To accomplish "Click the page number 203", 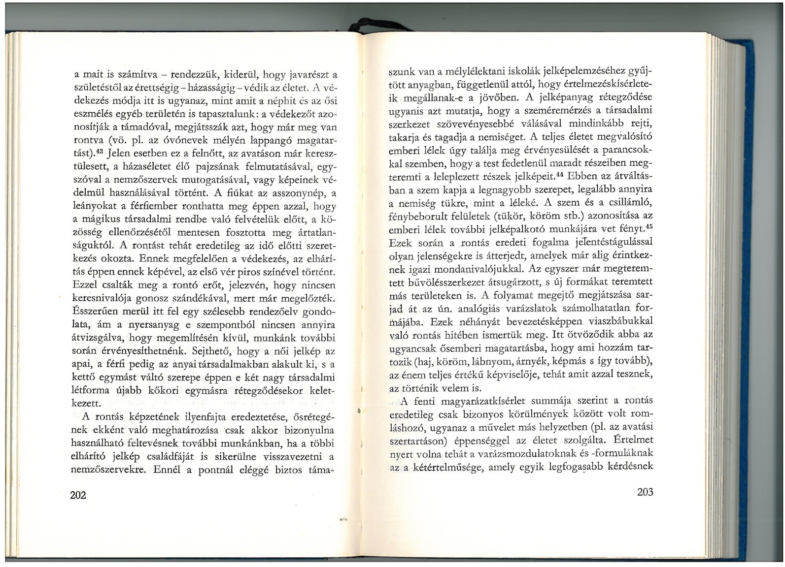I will click(645, 492).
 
